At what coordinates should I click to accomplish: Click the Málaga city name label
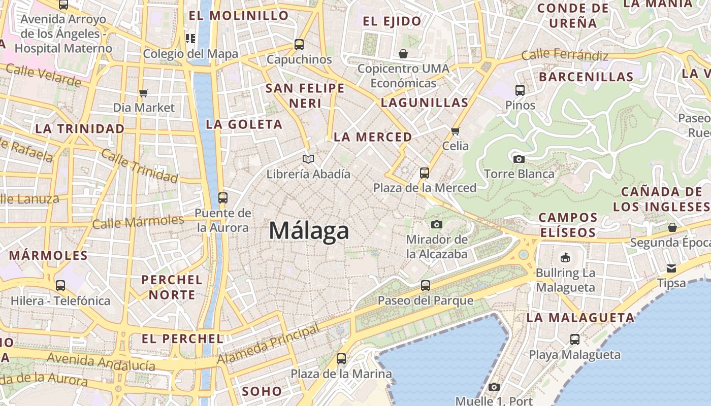[309, 231]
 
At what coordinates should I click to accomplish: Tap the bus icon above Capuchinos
[299, 45]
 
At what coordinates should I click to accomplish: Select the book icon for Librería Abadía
[308, 159]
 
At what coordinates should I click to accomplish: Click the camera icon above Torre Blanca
[519, 159]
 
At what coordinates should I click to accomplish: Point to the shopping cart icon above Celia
[455, 131]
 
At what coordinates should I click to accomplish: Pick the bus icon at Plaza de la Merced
[425, 173]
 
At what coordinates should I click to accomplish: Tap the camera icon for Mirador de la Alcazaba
[436, 224]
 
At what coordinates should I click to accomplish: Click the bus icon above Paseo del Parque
[426, 286]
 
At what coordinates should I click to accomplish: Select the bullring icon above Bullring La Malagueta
[565, 258]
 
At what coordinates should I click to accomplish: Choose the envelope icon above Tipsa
[671, 268]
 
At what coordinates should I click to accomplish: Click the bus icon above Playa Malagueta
[575, 340]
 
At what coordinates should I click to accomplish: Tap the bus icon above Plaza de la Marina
[341, 359]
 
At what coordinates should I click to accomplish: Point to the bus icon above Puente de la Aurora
[223, 198]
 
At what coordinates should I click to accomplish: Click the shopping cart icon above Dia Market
[144, 93]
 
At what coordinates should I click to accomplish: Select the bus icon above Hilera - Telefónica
[60, 286]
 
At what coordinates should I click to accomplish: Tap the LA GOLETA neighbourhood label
[244, 124]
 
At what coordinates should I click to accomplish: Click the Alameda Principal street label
[269, 345]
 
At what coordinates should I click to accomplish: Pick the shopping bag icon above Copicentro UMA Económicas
[403, 54]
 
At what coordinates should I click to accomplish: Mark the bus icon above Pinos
[520, 90]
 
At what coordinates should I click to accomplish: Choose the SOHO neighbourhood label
[262, 391]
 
